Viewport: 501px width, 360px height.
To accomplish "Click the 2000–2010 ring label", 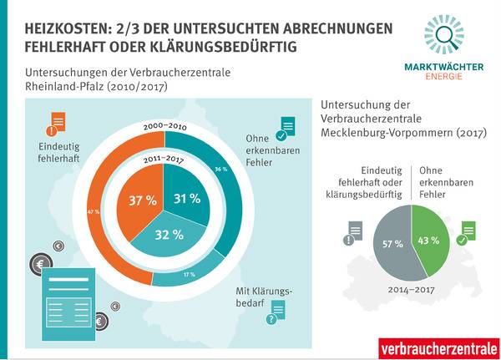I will click(x=164, y=124).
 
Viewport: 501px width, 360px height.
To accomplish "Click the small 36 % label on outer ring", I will click(x=220, y=170).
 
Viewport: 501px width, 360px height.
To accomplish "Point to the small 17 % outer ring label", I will click(x=212, y=274).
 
